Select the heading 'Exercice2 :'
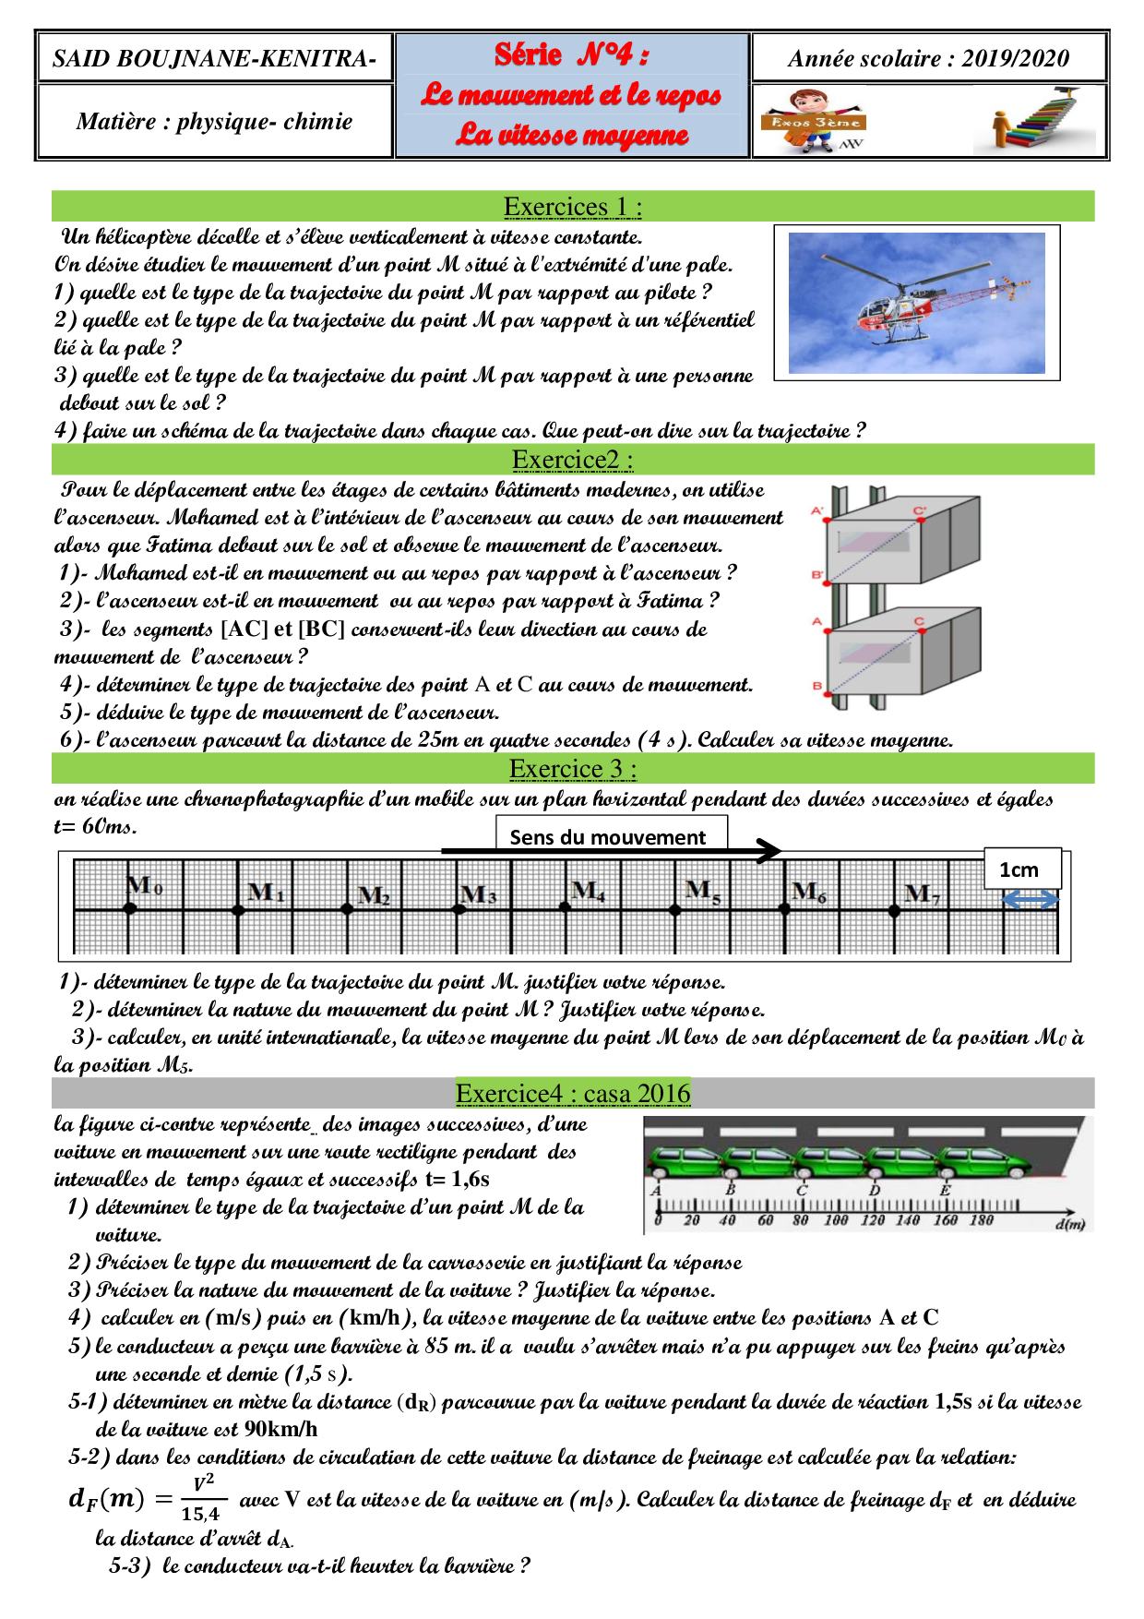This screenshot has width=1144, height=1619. (572, 459)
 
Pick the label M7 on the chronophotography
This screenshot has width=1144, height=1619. (922, 893)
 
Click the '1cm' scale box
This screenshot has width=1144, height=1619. (1019, 869)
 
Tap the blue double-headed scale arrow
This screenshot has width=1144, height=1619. (1030, 902)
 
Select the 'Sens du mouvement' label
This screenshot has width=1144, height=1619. (607, 837)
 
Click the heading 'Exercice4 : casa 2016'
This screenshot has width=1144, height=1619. (572, 1094)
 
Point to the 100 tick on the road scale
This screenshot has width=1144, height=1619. (836, 1220)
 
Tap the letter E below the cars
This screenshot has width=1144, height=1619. (945, 1190)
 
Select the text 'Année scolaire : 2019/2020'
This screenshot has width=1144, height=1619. (928, 59)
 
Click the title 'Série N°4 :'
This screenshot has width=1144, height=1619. (572, 56)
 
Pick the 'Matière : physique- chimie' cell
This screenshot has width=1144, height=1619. (214, 121)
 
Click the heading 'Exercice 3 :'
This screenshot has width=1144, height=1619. (572, 768)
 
